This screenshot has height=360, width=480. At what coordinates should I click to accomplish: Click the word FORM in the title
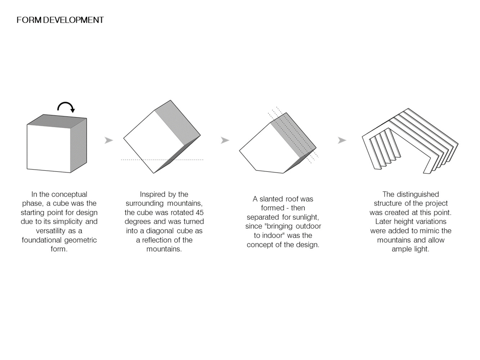point(29,20)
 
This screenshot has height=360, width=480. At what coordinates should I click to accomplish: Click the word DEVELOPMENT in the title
point(73,20)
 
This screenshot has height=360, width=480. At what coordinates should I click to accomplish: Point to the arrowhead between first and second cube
point(109,140)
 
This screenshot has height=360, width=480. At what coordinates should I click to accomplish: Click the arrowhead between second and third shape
point(225,140)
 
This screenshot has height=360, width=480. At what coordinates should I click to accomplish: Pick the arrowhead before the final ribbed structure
point(342,140)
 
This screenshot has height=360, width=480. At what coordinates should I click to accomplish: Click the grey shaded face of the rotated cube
point(178,123)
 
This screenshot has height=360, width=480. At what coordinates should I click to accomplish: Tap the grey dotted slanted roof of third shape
point(293,135)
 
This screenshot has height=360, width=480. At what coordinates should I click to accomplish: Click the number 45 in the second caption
point(199,212)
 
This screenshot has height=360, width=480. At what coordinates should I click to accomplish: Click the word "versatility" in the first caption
point(50,231)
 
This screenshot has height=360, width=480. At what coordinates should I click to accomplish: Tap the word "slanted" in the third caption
point(271,199)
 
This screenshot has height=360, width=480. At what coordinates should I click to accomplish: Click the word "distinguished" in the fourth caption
point(418,194)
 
